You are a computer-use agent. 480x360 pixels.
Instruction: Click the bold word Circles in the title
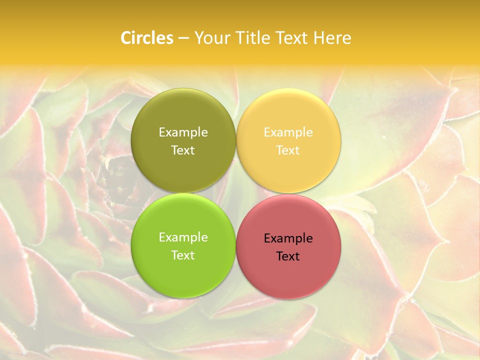[x=146, y=38]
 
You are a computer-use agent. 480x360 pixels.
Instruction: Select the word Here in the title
[x=332, y=38]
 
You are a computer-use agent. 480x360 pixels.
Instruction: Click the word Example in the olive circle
[x=183, y=132]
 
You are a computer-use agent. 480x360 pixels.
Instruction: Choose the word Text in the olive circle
[x=183, y=150]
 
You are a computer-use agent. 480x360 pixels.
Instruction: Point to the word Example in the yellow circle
[x=288, y=132]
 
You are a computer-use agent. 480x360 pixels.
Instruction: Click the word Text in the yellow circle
[x=288, y=150]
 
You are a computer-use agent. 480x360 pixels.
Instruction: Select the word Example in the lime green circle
[x=183, y=237]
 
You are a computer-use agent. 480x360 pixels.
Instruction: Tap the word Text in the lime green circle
[x=183, y=255]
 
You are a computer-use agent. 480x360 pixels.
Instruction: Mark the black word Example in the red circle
[x=288, y=238]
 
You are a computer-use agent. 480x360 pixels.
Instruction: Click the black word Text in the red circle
[x=288, y=256]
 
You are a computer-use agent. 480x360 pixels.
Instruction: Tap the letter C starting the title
[x=126, y=38]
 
